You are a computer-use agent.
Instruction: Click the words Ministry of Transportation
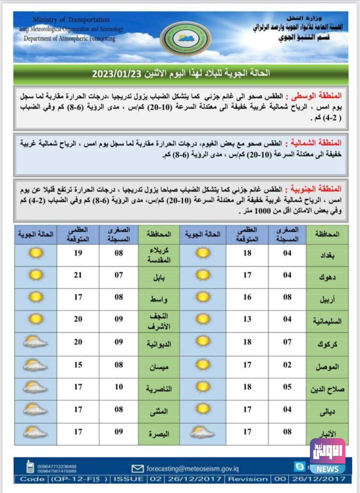click(x=71, y=20)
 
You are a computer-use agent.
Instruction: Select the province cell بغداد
click(x=327, y=254)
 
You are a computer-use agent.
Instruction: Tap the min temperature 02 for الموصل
click(x=288, y=364)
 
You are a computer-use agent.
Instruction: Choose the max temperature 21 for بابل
click(x=78, y=275)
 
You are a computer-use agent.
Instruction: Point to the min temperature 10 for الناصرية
click(x=119, y=387)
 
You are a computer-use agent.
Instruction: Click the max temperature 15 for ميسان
click(x=78, y=364)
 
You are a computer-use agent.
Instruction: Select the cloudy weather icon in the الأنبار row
click(x=202, y=432)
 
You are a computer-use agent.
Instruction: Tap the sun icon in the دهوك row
click(x=203, y=275)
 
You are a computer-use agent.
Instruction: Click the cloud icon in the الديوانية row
click(x=35, y=342)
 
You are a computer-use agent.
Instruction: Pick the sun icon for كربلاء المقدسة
click(x=35, y=252)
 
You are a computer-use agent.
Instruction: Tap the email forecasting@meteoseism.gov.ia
click(x=192, y=468)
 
